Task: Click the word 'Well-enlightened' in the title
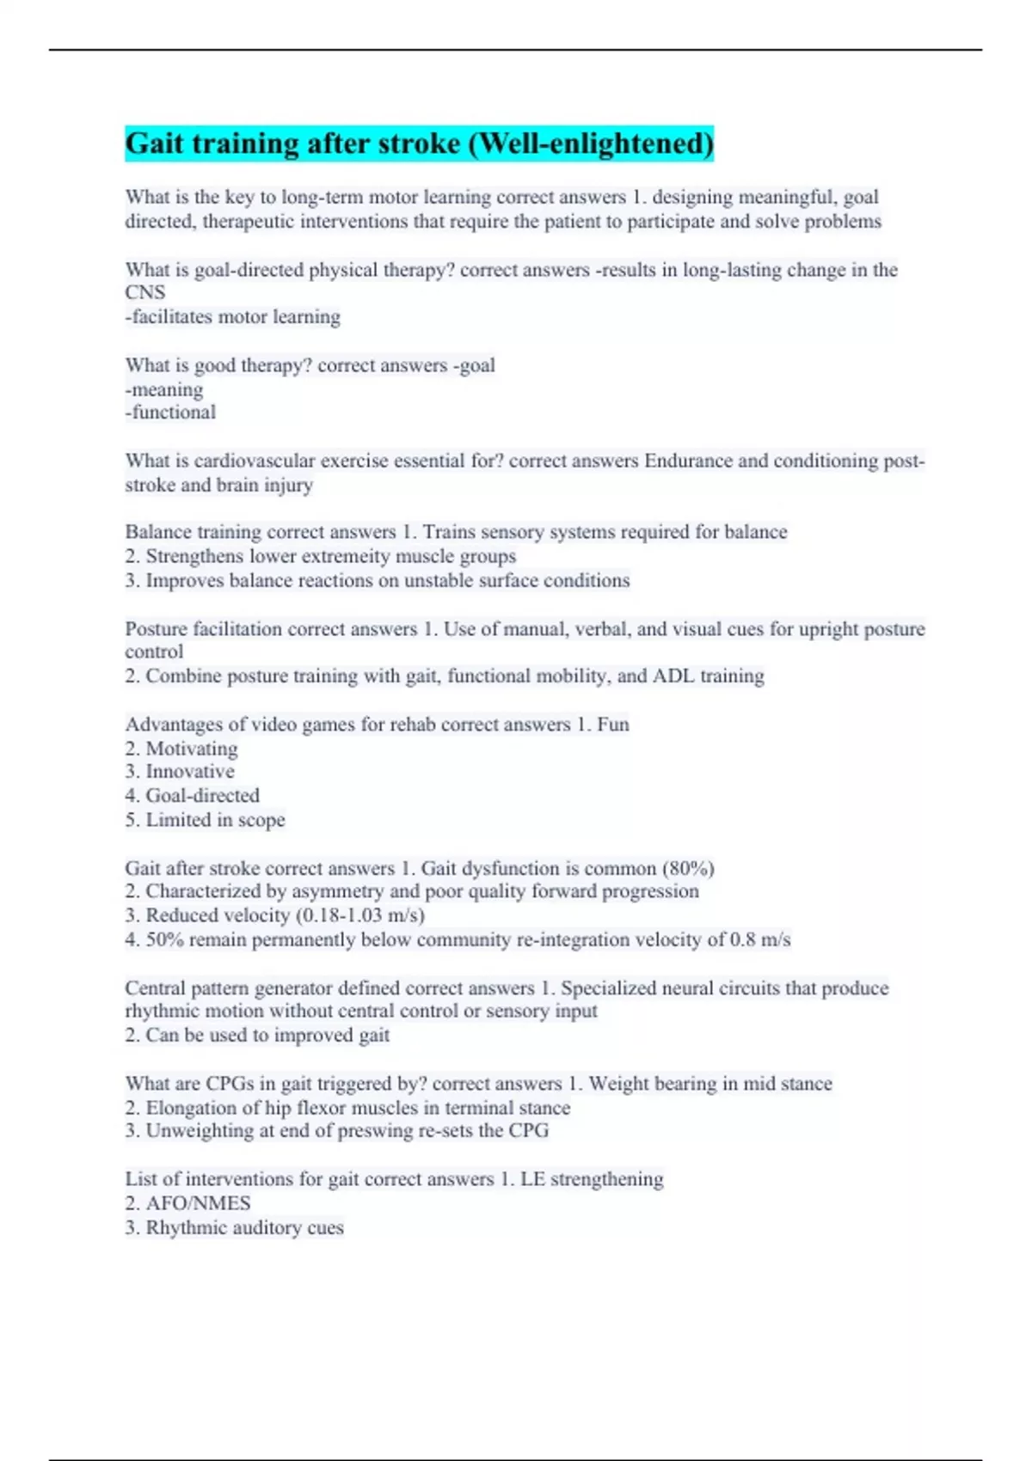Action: pos(593,144)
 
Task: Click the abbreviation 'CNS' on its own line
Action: pos(144,293)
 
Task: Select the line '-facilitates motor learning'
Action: pos(232,317)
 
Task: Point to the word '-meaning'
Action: pos(164,389)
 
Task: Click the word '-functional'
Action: pos(170,413)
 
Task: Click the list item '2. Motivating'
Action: pos(181,749)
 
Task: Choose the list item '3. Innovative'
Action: pos(179,772)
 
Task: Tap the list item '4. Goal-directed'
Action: pos(192,796)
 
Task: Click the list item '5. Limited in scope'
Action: pos(205,820)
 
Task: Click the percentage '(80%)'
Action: pos(687,868)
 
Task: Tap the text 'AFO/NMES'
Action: pos(198,1203)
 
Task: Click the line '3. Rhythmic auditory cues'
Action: pos(234,1227)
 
